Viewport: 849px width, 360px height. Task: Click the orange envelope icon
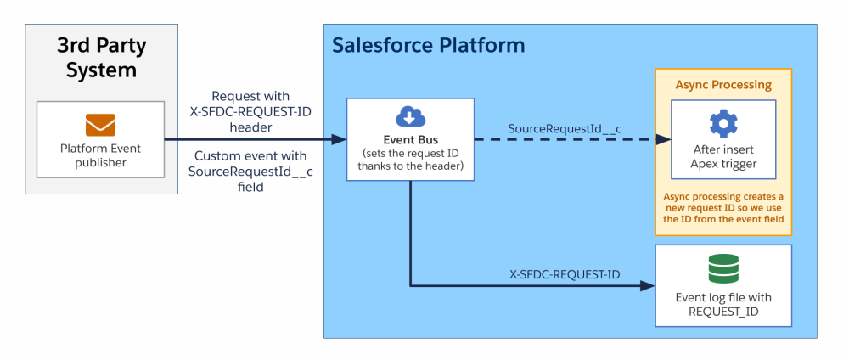[x=100, y=126]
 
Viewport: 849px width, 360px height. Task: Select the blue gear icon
[x=723, y=124]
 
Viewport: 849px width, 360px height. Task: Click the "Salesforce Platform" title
[x=428, y=45]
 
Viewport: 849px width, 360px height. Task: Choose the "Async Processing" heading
[x=723, y=85]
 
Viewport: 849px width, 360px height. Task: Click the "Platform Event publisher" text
[x=100, y=155]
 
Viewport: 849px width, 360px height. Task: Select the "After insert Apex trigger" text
[x=723, y=157]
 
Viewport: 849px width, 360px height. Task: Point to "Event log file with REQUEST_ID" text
[x=723, y=304]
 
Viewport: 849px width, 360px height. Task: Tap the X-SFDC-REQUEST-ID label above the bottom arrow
[x=565, y=274]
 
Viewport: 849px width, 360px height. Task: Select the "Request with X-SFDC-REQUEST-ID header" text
[x=250, y=111]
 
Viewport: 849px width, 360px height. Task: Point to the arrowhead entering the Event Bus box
[x=340, y=139]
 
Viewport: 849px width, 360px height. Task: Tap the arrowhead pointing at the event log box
[x=649, y=286]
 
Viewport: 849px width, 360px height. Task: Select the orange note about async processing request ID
[x=723, y=208]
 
